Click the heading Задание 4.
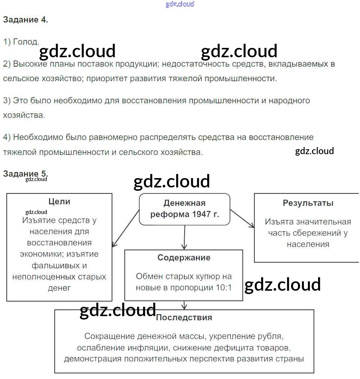point(25,20)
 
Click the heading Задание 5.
point(25,174)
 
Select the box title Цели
point(59,201)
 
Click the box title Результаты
point(308,203)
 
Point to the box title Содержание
point(184,257)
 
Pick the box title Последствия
point(184,317)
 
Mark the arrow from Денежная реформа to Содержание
point(184,237)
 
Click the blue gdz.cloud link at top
point(180,4)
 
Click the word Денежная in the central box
point(184,203)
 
